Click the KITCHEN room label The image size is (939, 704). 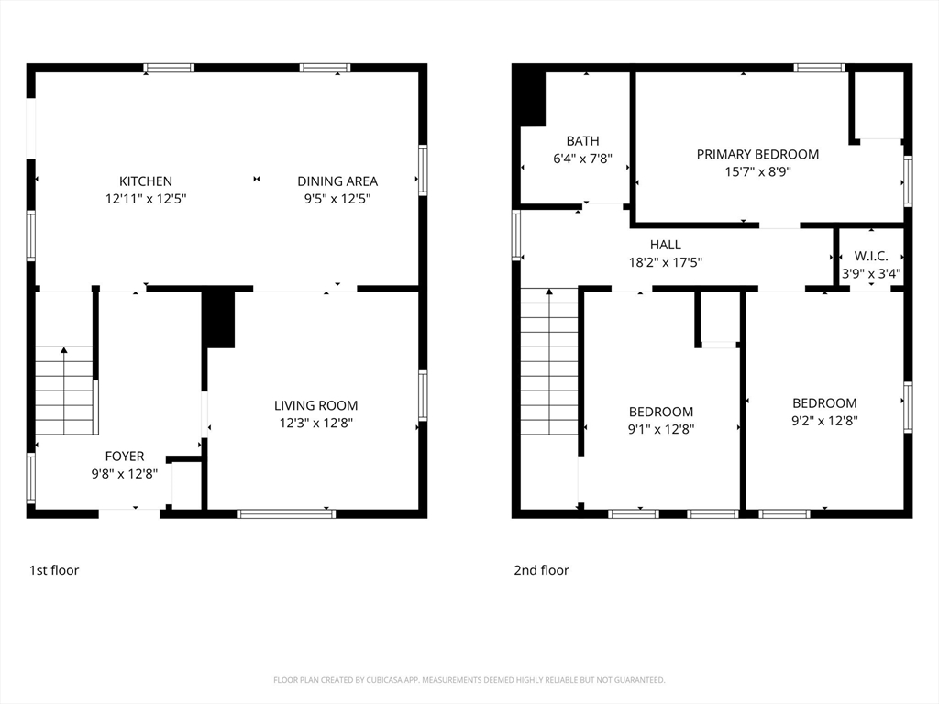tap(146, 181)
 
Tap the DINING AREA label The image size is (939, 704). tap(337, 181)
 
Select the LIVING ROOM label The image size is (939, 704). tap(315, 405)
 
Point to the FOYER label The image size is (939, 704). tap(125, 456)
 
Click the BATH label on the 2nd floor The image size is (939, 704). tap(582, 140)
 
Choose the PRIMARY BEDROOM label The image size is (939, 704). tap(757, 154)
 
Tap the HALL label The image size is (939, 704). tap(666, 245)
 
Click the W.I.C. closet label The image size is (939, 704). tap(871, 257)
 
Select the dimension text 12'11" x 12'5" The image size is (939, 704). tap(146, 199)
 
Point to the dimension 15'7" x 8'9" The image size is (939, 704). tap(757, 171)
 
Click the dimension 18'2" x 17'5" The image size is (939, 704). tap(666, 262)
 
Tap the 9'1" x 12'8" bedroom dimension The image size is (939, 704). tap(660, 429)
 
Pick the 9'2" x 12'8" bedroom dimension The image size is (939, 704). tap(824, 421)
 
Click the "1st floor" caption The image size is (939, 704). tap(54, 570)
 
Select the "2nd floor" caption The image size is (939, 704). tap(541, 570)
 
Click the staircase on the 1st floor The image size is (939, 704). tap(65, 390)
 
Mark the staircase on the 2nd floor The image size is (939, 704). tap(549, 361)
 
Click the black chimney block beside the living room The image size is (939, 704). tap(218, 318)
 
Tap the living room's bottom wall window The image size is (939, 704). tap(286, 513)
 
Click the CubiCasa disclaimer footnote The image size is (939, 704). tap(469, 680)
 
